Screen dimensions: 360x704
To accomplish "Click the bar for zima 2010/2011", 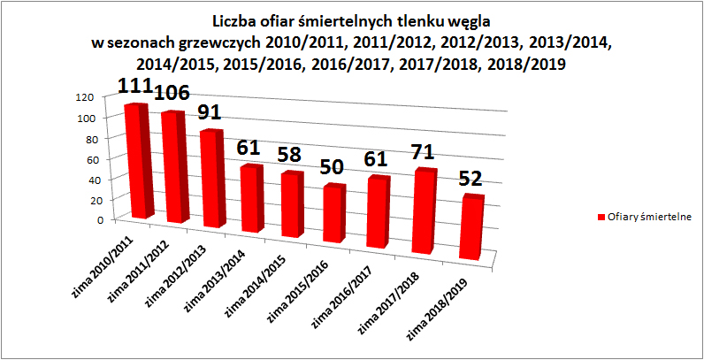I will coord(138,161).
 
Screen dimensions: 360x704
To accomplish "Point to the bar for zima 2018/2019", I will coord(471,228).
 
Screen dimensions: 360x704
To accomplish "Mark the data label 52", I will coord(470,180).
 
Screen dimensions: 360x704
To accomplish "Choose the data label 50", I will coord(333,168).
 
